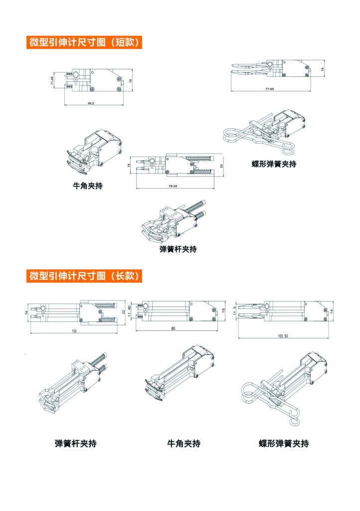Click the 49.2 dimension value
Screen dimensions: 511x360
(x=91, y=103)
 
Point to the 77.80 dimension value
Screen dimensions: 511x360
(x=270, y=89)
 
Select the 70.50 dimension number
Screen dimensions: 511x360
(x=173, y=186)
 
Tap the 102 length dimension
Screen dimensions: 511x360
(x=74, y=331)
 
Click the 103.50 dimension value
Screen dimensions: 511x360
(x=283, y=336)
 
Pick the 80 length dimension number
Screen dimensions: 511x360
(x=174, y=328)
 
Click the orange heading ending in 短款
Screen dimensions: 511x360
(x=84, y=42)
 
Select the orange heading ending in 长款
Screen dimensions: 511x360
(x=84, y=275)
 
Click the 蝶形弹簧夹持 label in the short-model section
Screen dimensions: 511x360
(x=274, y=164)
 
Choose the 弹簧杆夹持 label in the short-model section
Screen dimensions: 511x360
(x=178, y=249)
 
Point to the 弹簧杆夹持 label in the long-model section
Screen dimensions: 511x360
(x=76, y=443)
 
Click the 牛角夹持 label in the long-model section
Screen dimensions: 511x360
(x=183, y=443)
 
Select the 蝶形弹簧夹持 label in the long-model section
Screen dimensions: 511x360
(x=284, y=443)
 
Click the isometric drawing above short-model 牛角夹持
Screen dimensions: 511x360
(x=95, y=150)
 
